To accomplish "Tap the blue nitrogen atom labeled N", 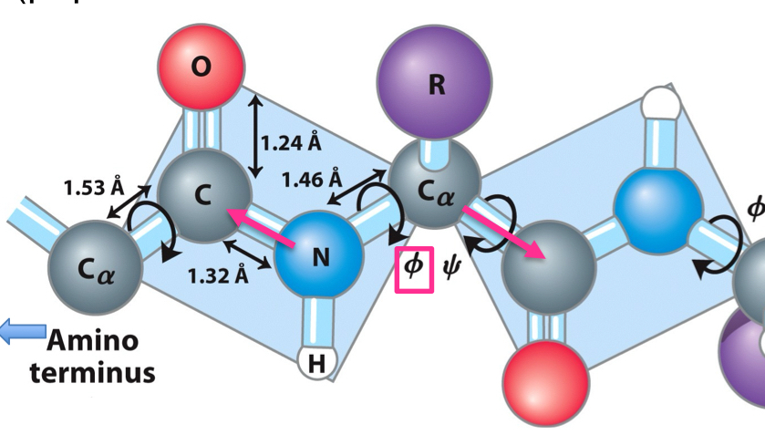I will pyautogui.click(x=319, y=257).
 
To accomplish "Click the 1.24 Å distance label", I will pyautogui.click(x=291, y=143).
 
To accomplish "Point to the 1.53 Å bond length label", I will pyautogui.click(x=93, y=188).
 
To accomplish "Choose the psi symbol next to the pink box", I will pyautogui.click(x=451, y=268).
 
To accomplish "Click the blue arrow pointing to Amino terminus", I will pyautogui.click(x=19, y=332).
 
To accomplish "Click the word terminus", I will pyautogui.click(x=92, y=372).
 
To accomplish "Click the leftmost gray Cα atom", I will pyautogui.click(x=96, y=270).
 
